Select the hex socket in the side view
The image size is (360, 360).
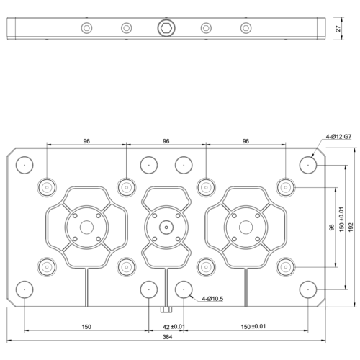coord(166,28)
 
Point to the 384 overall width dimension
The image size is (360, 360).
coord(166,337)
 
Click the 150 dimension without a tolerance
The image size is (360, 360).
coord(86,326)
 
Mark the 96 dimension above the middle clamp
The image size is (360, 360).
coord(166,142)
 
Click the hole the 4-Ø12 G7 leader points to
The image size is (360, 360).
coord(309,164)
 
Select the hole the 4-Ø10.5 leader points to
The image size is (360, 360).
coord(184,289)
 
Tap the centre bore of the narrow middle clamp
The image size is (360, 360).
coord(166,226)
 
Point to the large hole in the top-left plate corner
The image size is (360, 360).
coord(24,164)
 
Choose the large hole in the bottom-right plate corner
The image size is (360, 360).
coord(309,289)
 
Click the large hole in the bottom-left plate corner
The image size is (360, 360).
coord(24,289)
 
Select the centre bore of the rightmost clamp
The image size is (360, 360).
coord(246,226)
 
